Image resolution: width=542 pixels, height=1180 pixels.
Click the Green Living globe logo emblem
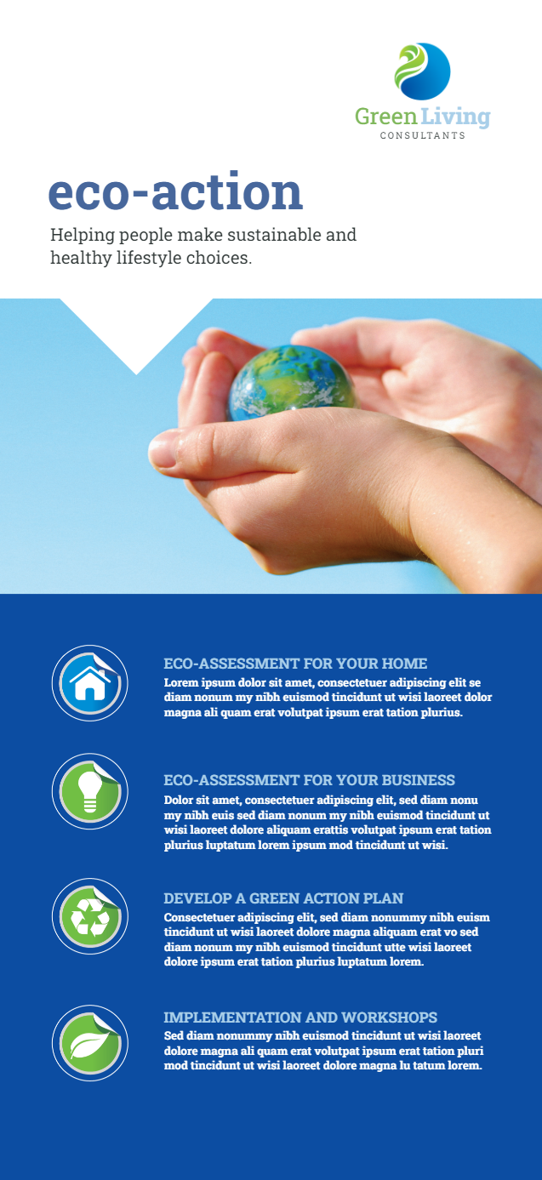(422, 71)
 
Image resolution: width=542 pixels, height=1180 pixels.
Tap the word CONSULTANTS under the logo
(423, 135)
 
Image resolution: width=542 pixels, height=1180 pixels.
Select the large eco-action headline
(175, 191)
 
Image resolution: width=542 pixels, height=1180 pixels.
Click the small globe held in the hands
(294, 383)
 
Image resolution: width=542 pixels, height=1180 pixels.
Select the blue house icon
(89, 682)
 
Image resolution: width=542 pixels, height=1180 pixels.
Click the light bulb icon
(89, 791)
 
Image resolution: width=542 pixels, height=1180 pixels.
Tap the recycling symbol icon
(89, 916)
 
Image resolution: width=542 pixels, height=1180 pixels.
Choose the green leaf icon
(89, 1043)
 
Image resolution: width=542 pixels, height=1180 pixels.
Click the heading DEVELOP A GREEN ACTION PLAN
(283, 898)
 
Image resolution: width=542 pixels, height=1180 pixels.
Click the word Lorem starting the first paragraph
(180, 682)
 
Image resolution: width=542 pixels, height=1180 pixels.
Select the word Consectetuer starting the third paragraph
(199, 917)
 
